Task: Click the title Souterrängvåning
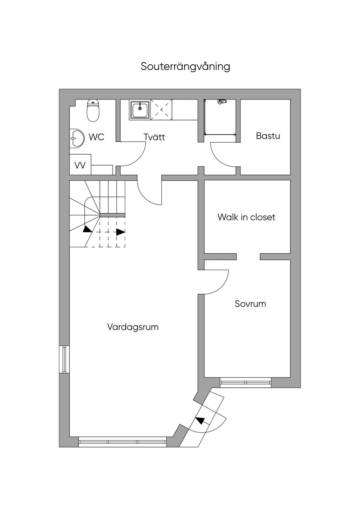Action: click(x=185, y=67)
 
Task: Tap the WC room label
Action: click(x=97, y=137)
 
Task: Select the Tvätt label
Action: click(x=154, y=137)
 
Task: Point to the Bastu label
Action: click(x=268, y=136)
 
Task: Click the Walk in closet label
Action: click(x=246, y=217)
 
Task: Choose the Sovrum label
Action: click(x=250, y=304)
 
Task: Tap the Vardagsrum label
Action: click(x=133, y=327)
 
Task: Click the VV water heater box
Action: click(x=80, y=165)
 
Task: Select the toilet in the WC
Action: click(x=93, y=110)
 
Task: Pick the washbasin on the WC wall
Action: click(x=76, y=138)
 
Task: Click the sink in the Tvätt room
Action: click(x=140, y=110)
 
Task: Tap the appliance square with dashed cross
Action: click(x=161, y=110)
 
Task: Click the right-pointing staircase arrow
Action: click(x=121, y=232)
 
